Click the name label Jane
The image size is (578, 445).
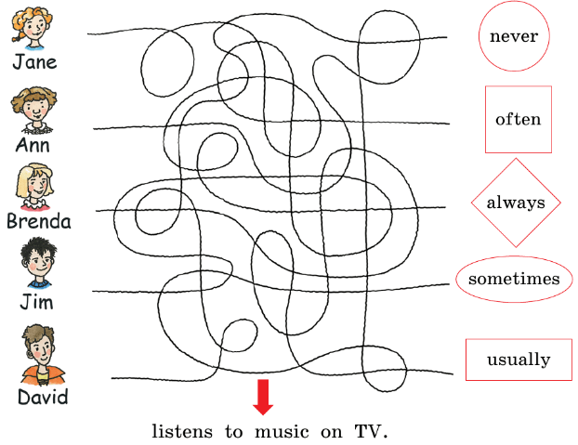(34, 62)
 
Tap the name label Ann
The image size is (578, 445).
(33, 145)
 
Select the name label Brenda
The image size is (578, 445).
(38, 221)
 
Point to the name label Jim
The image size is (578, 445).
(37, 302)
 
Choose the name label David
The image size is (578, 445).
(43, 398)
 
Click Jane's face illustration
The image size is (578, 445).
(30, 28)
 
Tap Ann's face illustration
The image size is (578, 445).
(35, 110)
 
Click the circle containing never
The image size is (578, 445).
(514, 36)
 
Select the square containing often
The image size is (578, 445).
(518, 119)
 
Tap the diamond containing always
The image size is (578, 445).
(516, 203)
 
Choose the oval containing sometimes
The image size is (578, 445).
(514, 279)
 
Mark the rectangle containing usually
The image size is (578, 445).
(519, 360)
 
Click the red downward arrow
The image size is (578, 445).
(263, 396)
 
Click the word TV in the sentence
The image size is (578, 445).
(369, 432)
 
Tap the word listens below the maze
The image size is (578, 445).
(183, 432)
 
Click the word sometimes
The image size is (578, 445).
(514, 279)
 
